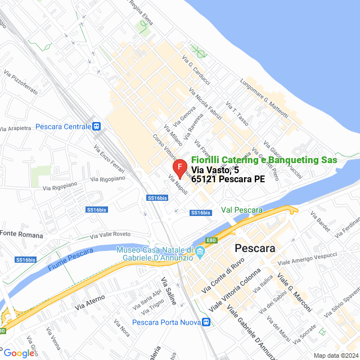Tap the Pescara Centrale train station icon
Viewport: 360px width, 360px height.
[97, 127]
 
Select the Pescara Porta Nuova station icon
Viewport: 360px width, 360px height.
[206, 322]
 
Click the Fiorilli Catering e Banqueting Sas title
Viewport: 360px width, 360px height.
[264, 160]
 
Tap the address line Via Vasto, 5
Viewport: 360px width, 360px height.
[215, 170]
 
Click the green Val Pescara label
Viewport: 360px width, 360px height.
[242, 210]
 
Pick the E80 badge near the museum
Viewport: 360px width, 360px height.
[211, 241]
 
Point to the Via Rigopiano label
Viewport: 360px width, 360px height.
[105, 178]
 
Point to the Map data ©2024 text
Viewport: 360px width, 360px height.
[335, 355]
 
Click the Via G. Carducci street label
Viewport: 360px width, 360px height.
[196, 67]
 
